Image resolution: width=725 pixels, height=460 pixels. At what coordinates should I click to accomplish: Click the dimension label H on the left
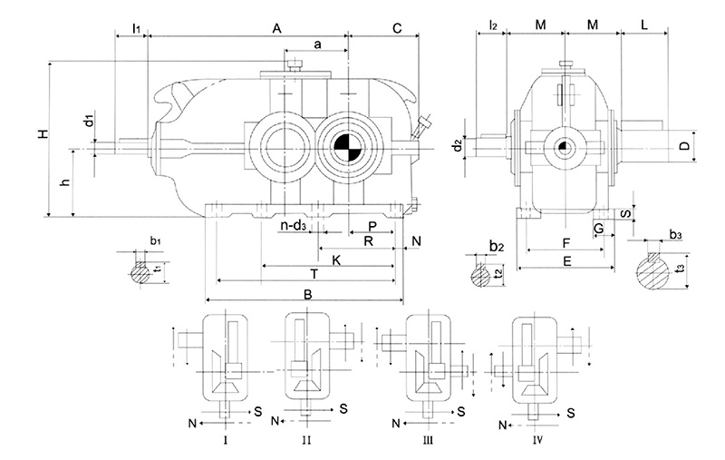click(x=43, y=134)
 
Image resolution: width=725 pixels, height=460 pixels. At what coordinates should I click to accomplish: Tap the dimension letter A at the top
click(x=276, y=29)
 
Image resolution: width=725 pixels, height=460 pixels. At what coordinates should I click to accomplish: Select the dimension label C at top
click(x=397, y=29)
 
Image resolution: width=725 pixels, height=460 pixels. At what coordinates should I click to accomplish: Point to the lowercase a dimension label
click(x=317, y=44)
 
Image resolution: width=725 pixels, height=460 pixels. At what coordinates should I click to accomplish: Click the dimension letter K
click(x=336, y=260)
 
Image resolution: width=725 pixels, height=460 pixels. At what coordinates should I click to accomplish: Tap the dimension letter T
click(x=314, y=274)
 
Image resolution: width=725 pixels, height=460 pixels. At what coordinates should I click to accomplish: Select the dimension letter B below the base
click(x=308, y=294)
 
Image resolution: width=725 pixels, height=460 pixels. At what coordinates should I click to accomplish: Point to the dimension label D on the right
click(x=685, y=146)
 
